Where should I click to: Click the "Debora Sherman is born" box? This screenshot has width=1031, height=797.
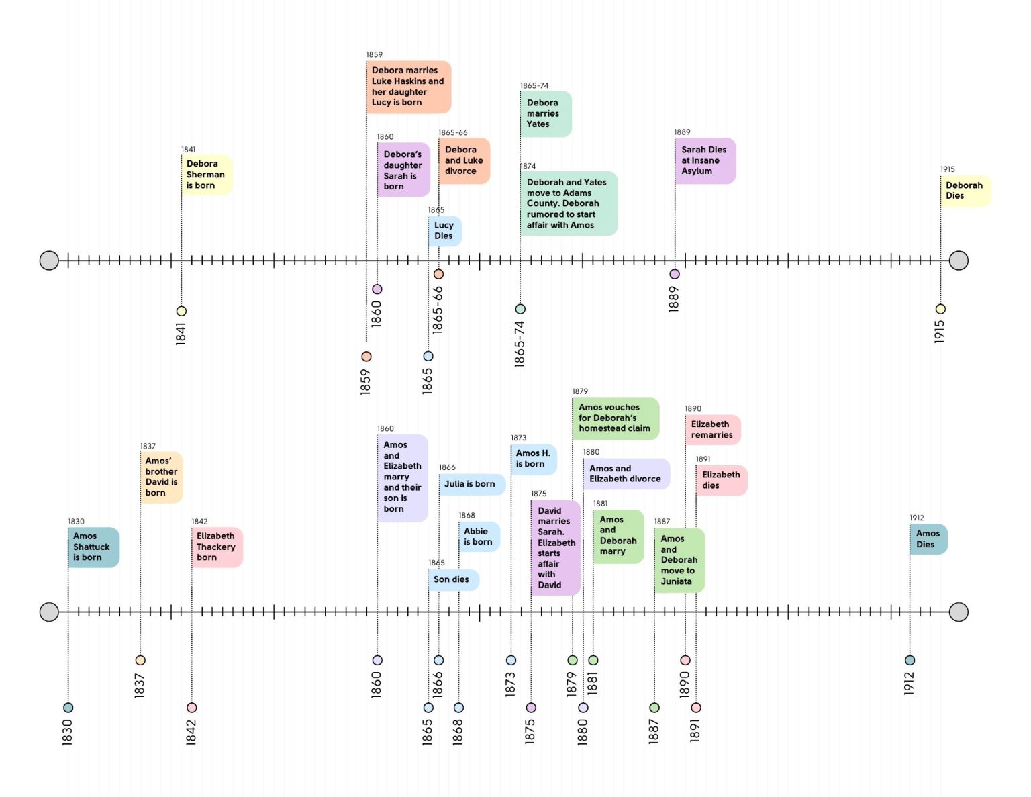pos(206,175)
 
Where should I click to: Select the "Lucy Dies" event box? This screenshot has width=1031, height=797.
pos(444,230)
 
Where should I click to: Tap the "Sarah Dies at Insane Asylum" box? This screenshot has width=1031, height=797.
pos(705,160)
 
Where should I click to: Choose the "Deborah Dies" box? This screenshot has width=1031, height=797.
pos(965,191)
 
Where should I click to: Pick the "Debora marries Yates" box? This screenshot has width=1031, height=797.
pos(545,113)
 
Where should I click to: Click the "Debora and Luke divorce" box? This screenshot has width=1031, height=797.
pos(464,160)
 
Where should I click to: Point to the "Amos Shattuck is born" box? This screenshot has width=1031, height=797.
pos(93,547)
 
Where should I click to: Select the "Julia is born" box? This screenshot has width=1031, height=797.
pos(471,483)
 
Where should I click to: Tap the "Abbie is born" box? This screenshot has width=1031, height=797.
pos(479,536)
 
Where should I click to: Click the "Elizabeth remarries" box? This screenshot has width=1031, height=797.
pos(712,430)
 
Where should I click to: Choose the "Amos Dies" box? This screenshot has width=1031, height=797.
pos(928,538)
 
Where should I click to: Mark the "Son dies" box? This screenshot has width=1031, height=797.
pos(453,579)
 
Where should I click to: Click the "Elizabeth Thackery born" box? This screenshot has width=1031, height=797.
pos(216,547)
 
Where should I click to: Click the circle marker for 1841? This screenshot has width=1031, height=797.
pos(181,311)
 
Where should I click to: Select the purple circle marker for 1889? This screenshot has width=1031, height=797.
pos(675,274)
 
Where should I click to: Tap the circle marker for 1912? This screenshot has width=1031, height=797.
pos(910,660)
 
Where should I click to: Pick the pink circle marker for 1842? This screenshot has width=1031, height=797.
pos(191,708)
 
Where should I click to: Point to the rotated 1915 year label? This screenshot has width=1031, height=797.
pos(940,332)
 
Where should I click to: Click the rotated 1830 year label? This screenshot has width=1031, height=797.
pos(67,732)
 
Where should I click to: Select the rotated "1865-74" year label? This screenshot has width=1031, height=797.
pos(520,344)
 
